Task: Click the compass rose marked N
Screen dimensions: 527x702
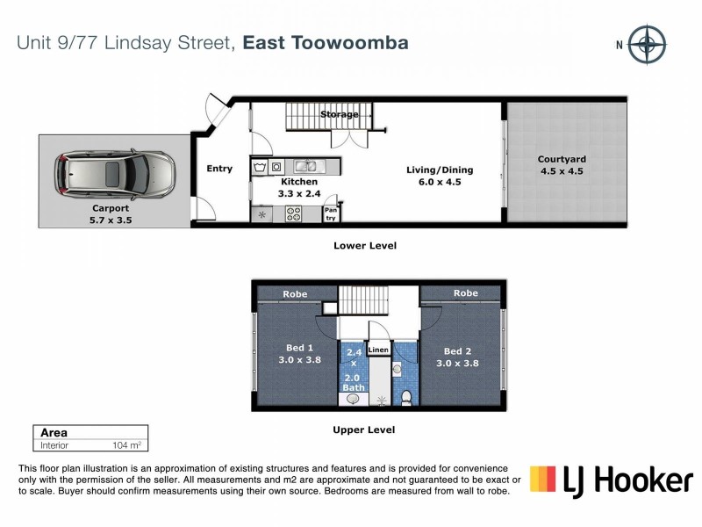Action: [x=648, y=44]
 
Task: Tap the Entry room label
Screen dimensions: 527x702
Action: [x=219, y=169]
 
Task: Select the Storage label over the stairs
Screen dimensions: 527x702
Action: [x=339, y=115]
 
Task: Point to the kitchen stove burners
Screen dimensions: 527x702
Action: [x=292, y=212]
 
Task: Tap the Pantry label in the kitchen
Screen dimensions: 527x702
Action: [x=331, y=213]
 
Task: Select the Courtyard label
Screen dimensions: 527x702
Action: [x=562, y=159]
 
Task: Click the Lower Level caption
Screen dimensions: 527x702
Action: [x=364, y=246]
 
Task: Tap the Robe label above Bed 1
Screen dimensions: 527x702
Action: [x=295, y=294]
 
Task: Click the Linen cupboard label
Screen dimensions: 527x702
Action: [x=378, y=350]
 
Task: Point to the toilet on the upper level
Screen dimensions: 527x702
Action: [x=406, y=397]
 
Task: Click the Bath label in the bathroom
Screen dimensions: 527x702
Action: [x=353, y=387]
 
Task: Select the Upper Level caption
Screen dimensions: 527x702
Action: [x=363, y=430]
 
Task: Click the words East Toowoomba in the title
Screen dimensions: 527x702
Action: [x=326, y=42]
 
